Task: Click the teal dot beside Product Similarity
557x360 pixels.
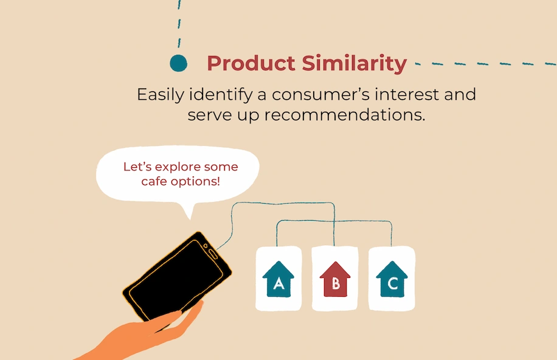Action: coord(178,63)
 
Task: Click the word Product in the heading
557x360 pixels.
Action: coord(251,63)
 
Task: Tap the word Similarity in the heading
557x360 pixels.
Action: coord(355,64)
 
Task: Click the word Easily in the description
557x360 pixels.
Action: coord(161,95)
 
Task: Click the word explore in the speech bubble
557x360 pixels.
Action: coord(179,167)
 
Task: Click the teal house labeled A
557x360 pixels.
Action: coord(278,279)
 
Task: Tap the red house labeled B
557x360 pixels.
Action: coord(335,279)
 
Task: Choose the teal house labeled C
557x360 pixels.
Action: coord(392,279)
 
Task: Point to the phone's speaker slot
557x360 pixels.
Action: coord(213,254)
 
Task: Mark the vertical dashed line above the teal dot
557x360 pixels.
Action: coord(179,24)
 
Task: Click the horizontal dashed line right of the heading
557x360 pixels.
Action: coord(486,64)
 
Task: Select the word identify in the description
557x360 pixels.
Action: coord(221,95)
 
